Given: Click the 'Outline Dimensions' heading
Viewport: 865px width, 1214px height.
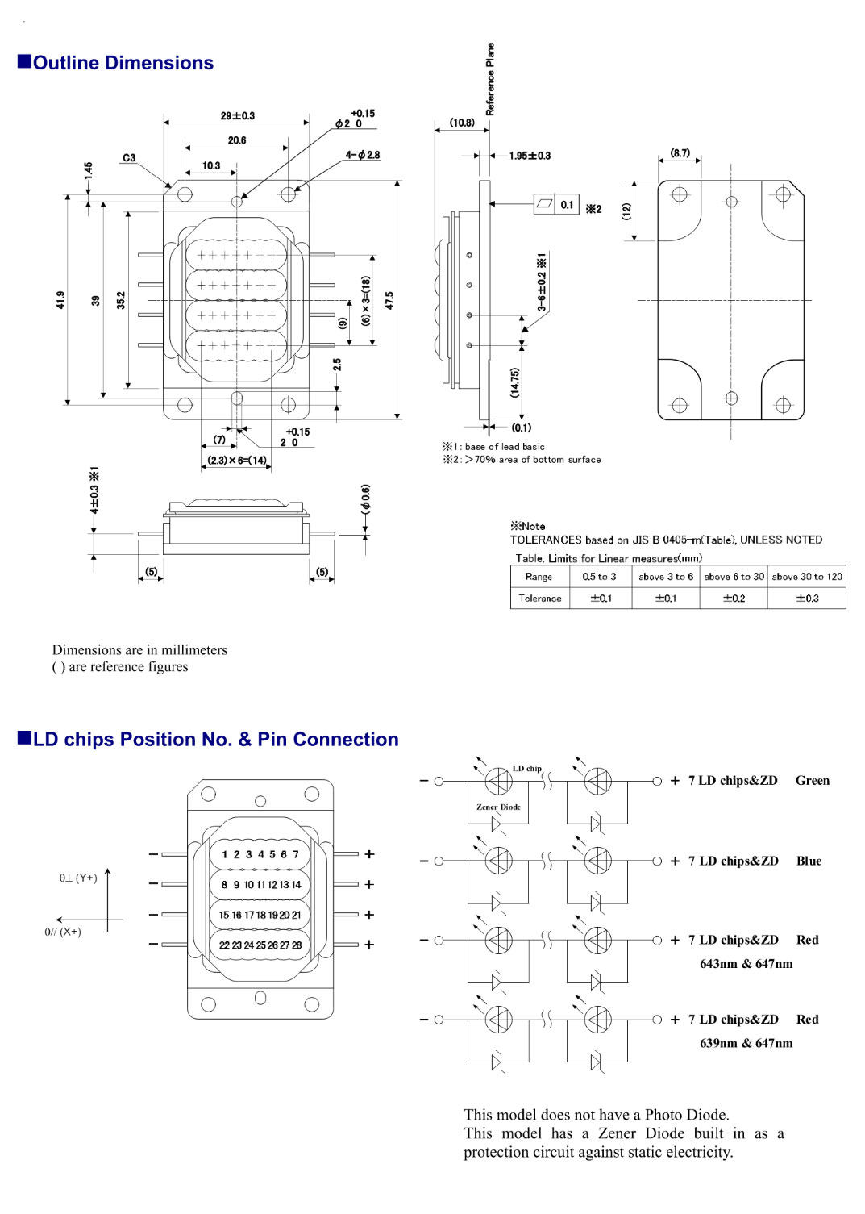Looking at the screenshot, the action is (x=123, y=63).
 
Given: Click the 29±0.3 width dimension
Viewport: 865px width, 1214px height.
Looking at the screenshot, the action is (x=237, y=116).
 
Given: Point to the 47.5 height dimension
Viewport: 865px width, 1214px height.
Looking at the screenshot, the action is (x=389, y=300).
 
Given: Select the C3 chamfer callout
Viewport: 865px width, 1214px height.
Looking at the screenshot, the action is (x=129, y=158).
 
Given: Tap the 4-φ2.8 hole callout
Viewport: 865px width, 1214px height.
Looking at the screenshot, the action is (x=362, y=155).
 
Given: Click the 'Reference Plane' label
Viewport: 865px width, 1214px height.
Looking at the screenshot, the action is (x=490, y=79).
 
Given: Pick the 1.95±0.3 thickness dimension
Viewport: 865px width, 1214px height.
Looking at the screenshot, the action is (x=530, y=156).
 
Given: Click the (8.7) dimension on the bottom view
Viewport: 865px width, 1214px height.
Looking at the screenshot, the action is (x=680, y=152).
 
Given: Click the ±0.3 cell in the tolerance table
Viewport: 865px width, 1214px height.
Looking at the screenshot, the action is (x=807, y=599).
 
